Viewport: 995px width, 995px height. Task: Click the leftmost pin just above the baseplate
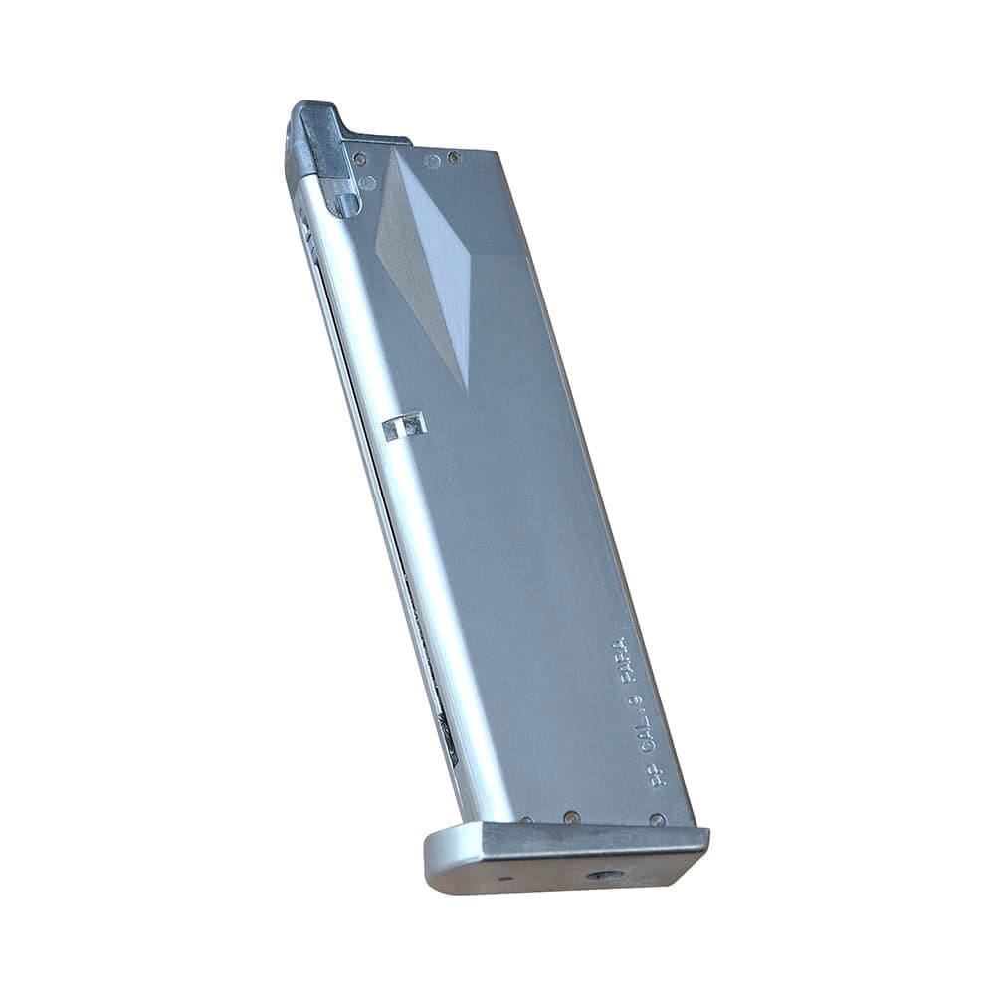(527, 822)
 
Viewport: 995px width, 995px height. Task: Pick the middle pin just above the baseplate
(571, 817)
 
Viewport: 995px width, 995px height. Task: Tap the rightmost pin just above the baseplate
(657, 820)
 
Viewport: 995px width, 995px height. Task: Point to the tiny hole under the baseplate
(506, 879)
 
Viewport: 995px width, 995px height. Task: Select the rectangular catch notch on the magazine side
(403, 425)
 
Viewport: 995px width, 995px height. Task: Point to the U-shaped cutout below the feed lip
(345, 204)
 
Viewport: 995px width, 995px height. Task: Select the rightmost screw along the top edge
(454, 157)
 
